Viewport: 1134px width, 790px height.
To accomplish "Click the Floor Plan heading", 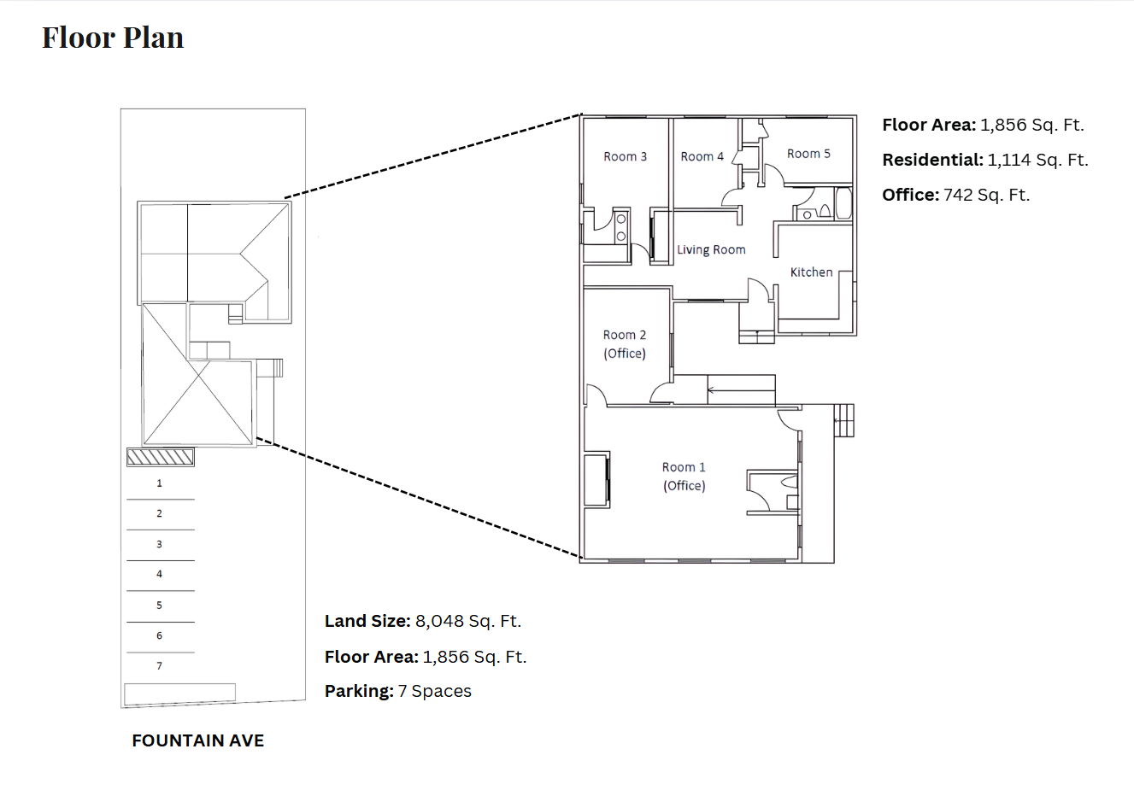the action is (x=113, y=38).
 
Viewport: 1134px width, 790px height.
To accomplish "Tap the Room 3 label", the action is (x=626, y=156).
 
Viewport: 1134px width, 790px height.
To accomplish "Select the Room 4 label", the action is (x=702, y=156).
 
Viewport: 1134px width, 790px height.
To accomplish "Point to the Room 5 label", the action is (x=808, y=154).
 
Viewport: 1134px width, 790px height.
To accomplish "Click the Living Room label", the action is (x=711, y=249).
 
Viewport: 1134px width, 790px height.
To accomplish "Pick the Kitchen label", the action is (x=812, y=272).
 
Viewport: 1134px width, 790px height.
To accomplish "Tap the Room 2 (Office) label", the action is (x=625, y=344).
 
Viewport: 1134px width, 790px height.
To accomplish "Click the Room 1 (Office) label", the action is (x=684, y=477).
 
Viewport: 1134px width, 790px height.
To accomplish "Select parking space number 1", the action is (x=160, y=483).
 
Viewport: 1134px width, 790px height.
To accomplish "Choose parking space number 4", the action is (x=160, y=574).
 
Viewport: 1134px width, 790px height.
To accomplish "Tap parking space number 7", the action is (x=160, y=665).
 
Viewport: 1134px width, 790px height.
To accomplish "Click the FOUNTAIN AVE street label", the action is (x=198, y=740).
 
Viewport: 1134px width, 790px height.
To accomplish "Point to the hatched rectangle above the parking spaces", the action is (x=160, y=457).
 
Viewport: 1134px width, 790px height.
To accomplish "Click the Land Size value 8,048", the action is (x=439, y=621).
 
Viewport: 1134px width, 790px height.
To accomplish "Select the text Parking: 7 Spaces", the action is (x=398, y=691).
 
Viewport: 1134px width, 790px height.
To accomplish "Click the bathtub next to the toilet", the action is (x=843, y=203).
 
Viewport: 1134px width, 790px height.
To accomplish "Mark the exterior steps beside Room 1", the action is (x=844, y=420).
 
